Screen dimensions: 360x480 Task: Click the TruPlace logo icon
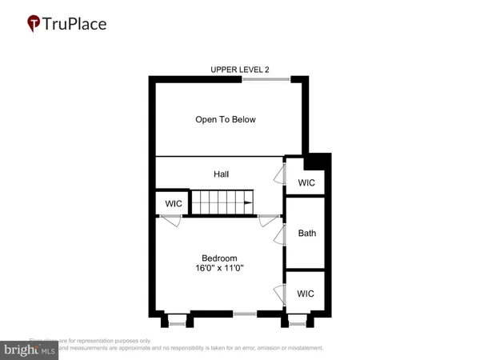coord(34,23)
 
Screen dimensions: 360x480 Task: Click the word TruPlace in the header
coord(78,23)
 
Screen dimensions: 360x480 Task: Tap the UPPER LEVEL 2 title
coord(239,70)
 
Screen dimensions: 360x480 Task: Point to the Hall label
coord(222,174)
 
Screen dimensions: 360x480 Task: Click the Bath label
coord(306,234)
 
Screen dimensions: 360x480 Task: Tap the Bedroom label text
coord(218,258)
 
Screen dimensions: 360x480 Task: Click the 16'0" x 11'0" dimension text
coord(218,269)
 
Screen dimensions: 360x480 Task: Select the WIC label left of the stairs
coord(174,204)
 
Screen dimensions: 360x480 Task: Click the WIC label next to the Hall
coord(306,183)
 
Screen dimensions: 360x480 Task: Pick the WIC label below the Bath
coord(306,294)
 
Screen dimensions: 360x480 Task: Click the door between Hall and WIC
coord(280,175)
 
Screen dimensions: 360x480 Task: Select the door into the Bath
coord(280,234)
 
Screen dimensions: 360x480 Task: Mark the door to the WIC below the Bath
coord(280,294)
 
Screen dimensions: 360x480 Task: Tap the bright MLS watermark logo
coord(29,349)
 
